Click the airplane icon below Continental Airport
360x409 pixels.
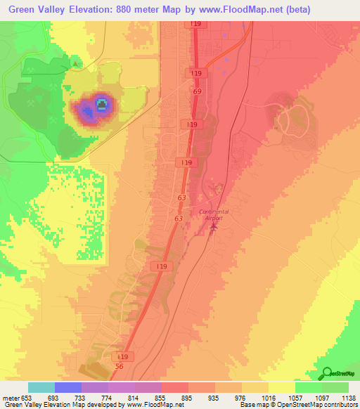pyautogui.click(x=212, y=229)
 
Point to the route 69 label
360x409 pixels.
pyautogui.click(x=196, y=92)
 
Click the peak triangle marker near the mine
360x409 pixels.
pyautogui.click(x=75, y=64)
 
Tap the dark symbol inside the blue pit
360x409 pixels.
pyautogui.click(x=101, y=106)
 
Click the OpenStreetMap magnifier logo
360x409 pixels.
pyautogui.click(x=326, y=374)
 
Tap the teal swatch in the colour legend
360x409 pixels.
pyautogui.click(x=41, y=387)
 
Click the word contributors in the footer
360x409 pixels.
pyautogui.click(x=339, y=405)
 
